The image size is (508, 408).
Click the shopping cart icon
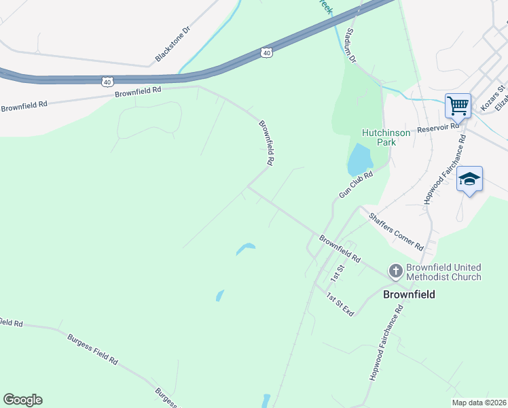coord(458,105)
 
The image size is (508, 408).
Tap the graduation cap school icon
coord(469,179)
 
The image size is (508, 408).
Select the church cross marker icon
coord(395,272)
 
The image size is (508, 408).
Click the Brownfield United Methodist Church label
coord(443,272)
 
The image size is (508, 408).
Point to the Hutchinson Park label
coord(386,138)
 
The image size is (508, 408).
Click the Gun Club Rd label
coord(357,185)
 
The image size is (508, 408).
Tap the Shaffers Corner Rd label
coord(396,231)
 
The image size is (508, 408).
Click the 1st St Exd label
coord(340,304)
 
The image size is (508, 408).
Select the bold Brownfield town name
coord(409,294)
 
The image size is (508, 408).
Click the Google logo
coord(22,400)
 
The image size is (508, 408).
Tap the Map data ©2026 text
coord(478,403)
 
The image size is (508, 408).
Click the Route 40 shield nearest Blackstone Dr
coord(266,52)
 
